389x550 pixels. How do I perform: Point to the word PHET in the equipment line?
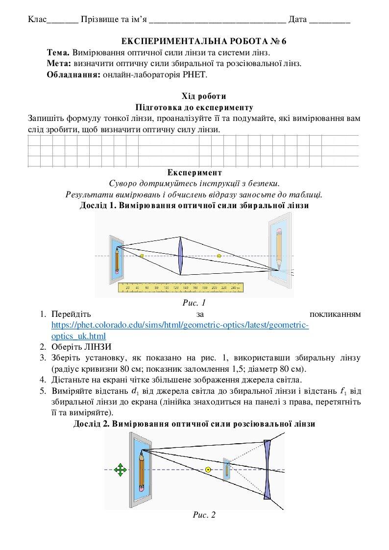[197, 74]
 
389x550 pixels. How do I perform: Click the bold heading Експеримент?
[194, 173]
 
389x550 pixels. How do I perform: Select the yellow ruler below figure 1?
[181, 287]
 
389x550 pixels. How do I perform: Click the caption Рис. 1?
[194, 303]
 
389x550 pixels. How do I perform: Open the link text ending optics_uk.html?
[78, 336]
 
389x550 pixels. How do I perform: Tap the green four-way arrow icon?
[120, 470]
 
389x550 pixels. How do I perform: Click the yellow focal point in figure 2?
[208, 469]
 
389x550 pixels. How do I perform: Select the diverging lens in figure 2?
[267, 469]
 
